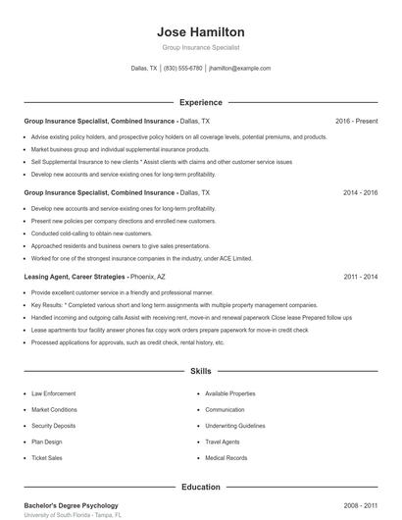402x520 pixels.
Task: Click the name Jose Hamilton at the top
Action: click(200, 32)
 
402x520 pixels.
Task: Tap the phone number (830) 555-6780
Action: click(182, 69)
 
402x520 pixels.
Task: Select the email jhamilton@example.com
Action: click(239, 69)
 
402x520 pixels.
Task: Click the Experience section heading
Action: click(200, 102)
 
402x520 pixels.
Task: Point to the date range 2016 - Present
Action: click(356, 121)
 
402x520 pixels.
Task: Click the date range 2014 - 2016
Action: click(360, 193)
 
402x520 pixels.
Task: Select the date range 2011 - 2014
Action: click(360, 278)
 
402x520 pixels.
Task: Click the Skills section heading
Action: click(200, 372)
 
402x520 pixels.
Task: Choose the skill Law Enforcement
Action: click(53, 393)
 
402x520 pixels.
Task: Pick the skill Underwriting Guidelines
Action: click(235, 426)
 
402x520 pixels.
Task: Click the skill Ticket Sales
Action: click(46, 458)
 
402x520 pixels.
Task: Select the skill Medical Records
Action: click(226, 458)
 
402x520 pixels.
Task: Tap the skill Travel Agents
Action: click(223, 442)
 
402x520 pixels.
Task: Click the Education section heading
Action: click(200, 486)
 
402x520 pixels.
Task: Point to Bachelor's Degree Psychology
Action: click(71, 505)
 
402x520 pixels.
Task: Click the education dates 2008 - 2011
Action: click(360, 505)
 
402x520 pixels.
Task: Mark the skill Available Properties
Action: click(230, 393)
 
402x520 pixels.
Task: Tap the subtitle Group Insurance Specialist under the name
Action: click(200, 47)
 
